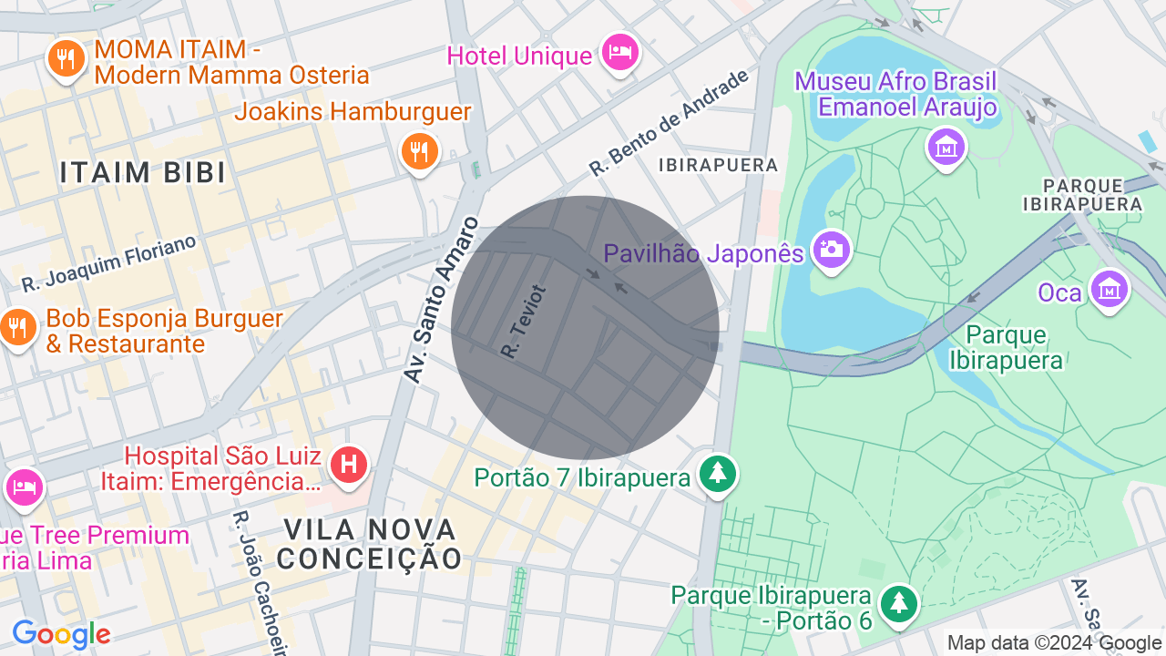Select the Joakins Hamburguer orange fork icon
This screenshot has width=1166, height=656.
[419, 151]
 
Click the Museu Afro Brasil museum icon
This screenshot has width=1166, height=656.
[946, 146]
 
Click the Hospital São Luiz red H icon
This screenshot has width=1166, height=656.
[348, 465]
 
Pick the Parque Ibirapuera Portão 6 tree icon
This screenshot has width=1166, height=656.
[899, 602]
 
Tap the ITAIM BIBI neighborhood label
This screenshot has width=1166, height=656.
[143, 172]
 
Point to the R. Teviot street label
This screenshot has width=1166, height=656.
[523, 321]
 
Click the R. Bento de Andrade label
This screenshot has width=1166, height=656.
[669, 122]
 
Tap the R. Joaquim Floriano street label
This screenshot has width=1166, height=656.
[109, 263]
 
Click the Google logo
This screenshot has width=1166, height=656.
[61, 634]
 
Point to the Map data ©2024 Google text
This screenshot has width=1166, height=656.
[1054, 642]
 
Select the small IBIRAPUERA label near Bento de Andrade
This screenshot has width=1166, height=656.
[719, 165]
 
